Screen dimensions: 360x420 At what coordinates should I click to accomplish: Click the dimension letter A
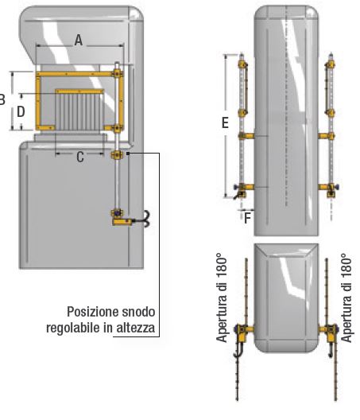tap(79, 41)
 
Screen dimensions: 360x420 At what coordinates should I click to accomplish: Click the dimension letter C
tap(80, 157)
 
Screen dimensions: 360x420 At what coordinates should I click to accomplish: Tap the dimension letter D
tap(21, 111)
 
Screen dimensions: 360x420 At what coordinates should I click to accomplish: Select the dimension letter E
tap(225, 122)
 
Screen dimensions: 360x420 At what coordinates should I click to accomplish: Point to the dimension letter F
tap(248, 218)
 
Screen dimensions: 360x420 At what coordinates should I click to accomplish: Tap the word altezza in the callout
tap(136, 327)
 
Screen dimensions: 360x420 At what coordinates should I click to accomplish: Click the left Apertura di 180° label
tap(222, 297)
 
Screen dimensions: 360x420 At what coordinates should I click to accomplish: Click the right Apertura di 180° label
tap(346, 297)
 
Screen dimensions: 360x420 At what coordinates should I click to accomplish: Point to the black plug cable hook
tap(145, 219)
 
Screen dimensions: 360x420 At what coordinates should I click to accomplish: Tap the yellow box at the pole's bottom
tap(122, 222)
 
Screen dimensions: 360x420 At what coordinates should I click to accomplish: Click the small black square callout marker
tap(128, 154)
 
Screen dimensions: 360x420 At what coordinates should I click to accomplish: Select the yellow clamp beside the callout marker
tap(117, 155)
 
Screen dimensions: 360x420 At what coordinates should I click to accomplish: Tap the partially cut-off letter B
tap(2, 99)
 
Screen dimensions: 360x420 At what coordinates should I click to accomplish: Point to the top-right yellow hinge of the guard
tap(118, 73)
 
